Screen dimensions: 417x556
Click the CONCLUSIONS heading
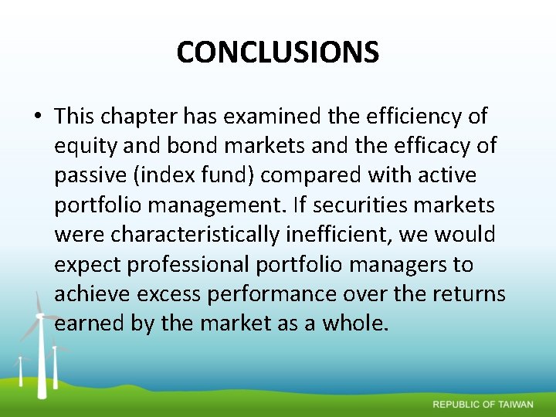pos(278,53)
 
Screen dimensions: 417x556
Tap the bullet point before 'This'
pos(37,117)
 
